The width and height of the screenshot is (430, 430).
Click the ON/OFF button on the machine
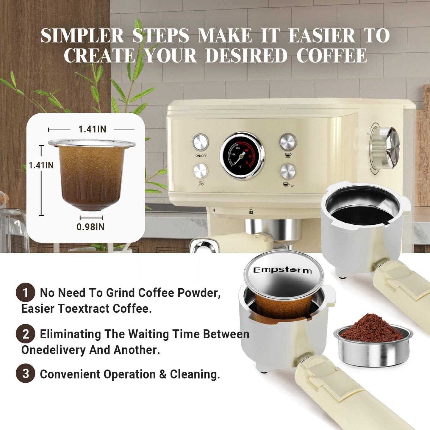point(201,142)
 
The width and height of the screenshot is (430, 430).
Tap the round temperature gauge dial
point(242,156)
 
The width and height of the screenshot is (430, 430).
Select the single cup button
point(288,142)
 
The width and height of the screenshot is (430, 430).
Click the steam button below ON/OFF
point(201,171)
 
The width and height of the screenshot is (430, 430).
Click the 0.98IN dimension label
point(90,227)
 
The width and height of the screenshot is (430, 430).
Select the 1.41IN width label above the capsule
point(92,129)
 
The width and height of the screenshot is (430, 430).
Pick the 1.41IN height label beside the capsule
point(41,165)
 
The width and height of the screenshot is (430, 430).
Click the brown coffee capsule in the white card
point(91,176)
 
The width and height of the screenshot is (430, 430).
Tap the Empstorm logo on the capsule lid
point(282,270)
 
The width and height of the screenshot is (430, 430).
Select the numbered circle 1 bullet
point(26,293)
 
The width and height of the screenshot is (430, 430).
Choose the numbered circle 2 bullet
point(26,334)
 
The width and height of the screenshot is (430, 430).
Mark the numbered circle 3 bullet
point(26,374)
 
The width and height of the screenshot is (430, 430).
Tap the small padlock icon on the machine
point(251,212)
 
